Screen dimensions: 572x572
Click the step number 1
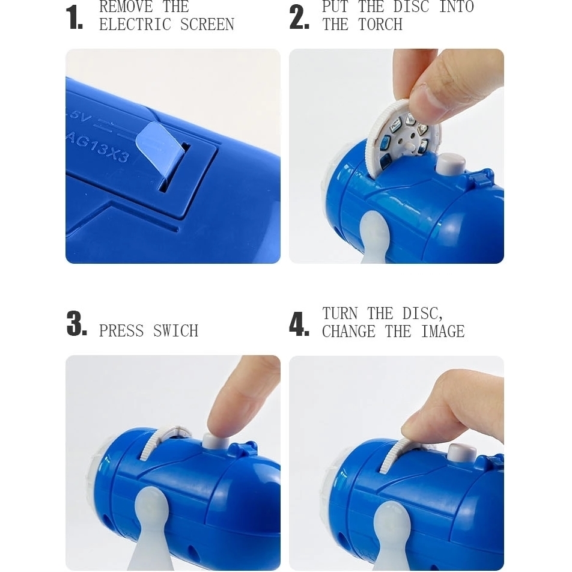(74, 17)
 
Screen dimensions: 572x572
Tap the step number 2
(299, 17)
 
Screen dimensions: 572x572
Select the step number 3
(77, 323)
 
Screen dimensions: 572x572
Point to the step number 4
(299, 324)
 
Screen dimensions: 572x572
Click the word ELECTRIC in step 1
(135, 25)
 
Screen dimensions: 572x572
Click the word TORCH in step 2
(380, 25)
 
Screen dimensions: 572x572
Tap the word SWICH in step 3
(176, 331)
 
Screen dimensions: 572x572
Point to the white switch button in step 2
(451, 164)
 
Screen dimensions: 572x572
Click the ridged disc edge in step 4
(394, 456)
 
